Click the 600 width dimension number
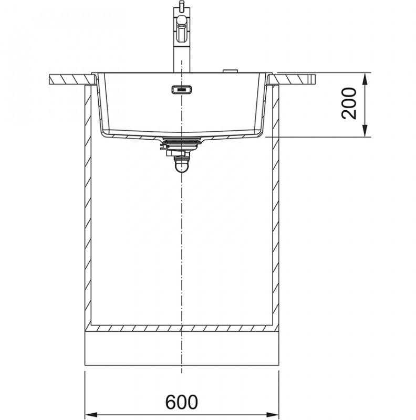click(x=181, y=402)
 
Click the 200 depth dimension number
click(x=349, y=103)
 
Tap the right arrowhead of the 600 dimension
click(x=273, y=414)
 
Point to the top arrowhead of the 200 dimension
click(x=365, y=79)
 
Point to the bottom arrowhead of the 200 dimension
click(x=365, y=131)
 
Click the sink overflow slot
click(x=182, y=89)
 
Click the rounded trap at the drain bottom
click(x=182, y=166)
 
